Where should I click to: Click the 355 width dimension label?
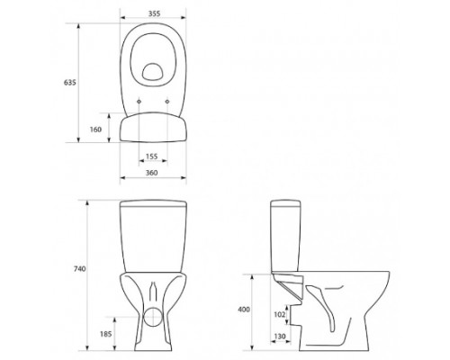pyautogui.click(x=154, y=13)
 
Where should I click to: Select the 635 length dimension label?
pyautogui.click(x=69, y=82)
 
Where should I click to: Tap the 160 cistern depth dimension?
pyautogui.click(x=95, y=130)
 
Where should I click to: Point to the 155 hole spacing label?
pyautogui.click(x=151, y=157)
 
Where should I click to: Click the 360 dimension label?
pyautogui.click(x=151, y=173)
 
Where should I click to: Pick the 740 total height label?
pyautogui.click(x=79, y=269)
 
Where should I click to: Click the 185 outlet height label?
pyautogui.click(x=106, y=334)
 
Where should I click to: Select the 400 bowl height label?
pyautogui.click(x=244, y=310)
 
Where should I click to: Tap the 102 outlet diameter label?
pyautogui.click(x=280, y=314)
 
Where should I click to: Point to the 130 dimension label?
pyautogui.click(x=280, y=337)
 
